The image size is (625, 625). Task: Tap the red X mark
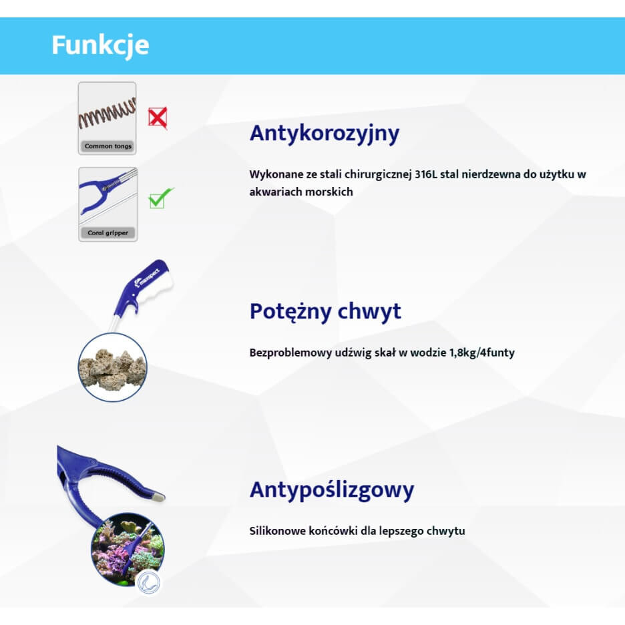pyautogui.click(x=158, y=118)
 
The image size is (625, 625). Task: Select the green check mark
pyautogui.click(x=160, y=198)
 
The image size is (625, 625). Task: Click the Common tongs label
pyautogui.click(x=108, y=146)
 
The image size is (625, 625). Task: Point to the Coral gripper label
pyautogui.click(x=108, y=233)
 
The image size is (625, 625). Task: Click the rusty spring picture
pyautogui.click(x=108, y=113)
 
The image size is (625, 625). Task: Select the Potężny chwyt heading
pyautogui.click(x=325, y=312)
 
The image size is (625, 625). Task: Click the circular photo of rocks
pyautogui.click(x=112, y=367)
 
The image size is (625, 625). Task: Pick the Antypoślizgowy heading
pyautogui.click(x=332, y=490)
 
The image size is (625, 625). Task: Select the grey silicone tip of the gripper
pyautogui.click(x=159, y=497)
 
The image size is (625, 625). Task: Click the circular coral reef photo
pyautogui.click(x=128, y=550)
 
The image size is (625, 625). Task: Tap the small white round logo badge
pyautogui.click(x=149, y=583)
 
